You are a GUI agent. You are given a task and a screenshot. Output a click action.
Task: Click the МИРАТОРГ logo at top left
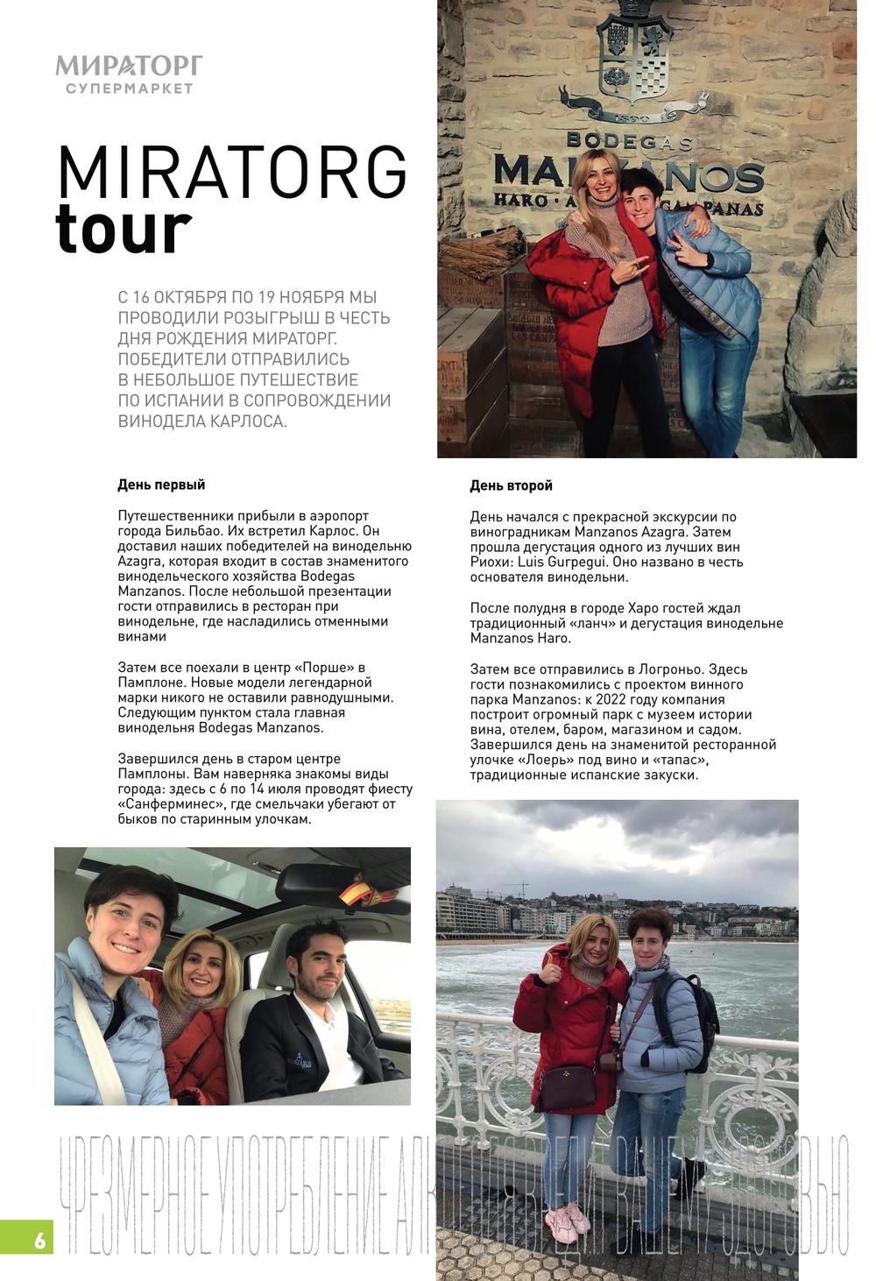click(x=129, y=66)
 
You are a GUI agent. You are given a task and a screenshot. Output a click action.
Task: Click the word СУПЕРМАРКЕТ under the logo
click(x=129, y=88)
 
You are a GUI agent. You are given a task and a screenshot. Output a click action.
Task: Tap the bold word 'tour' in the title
click(x=123, y=229)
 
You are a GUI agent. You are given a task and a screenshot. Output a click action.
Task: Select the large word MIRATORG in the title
click(x=232, y=173)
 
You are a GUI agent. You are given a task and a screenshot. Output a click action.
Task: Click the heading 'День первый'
click(x=161, y=485)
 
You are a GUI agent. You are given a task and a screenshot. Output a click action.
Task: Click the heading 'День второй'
click(x=511, y=485)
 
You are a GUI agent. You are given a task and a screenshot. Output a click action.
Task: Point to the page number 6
click(x=39, y=1241)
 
